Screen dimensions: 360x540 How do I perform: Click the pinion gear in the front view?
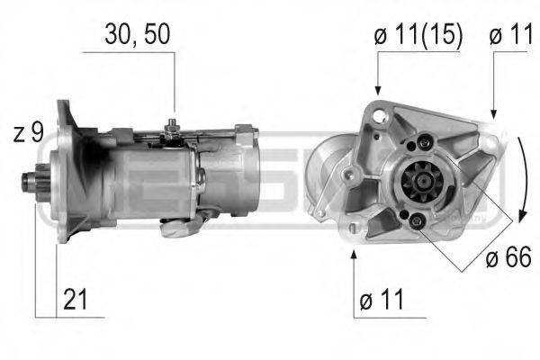pos(417,191)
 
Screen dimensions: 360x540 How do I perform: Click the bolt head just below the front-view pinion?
pos(416,221)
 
